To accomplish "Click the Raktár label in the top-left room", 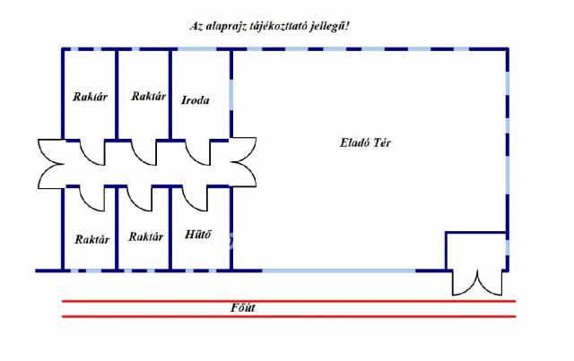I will [90, 97].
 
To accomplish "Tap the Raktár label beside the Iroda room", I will [147, 96].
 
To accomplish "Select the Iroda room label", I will [195, 100].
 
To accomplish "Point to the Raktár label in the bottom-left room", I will [91, 238].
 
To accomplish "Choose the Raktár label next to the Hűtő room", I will [145, 237].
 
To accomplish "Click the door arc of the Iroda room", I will [199, 153].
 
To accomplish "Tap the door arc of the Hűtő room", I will [199, 197].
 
